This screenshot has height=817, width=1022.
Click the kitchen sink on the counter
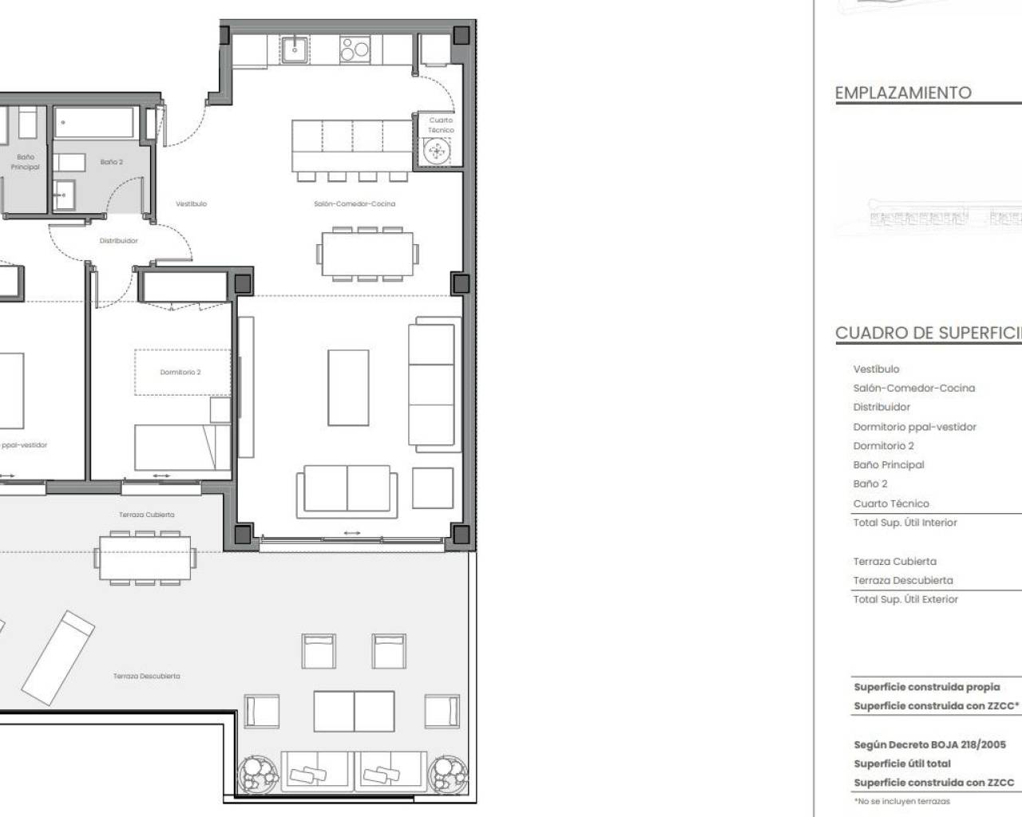(x=295, y=49)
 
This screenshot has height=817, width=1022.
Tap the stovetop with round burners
(x=355, y=49)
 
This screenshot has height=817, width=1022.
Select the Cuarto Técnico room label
(x=441, y=125)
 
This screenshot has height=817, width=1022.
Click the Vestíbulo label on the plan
(x=192, y=204)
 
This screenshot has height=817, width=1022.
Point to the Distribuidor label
(x=118, y=240)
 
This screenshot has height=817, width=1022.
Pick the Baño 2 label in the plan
(x=112, y=162)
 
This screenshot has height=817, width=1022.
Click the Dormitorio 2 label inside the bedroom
(x=180, y=372)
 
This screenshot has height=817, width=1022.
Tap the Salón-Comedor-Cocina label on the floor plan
(x=355, y=204)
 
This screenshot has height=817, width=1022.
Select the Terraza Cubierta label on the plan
(x=147, y=515)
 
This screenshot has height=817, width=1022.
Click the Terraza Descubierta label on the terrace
(x=147, y=676)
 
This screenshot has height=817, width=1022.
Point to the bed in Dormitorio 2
(x=182, y=448)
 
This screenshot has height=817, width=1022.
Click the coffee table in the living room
(x=348, y=388)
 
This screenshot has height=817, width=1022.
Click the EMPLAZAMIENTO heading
(x=903, y=93)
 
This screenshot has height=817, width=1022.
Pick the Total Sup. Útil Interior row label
(x=905, y=523)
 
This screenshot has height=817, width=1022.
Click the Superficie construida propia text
(x=926, y=687)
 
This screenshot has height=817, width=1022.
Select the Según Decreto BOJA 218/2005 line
(x=929, y=744)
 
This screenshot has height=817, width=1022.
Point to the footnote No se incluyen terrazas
(x=902, y=801)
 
